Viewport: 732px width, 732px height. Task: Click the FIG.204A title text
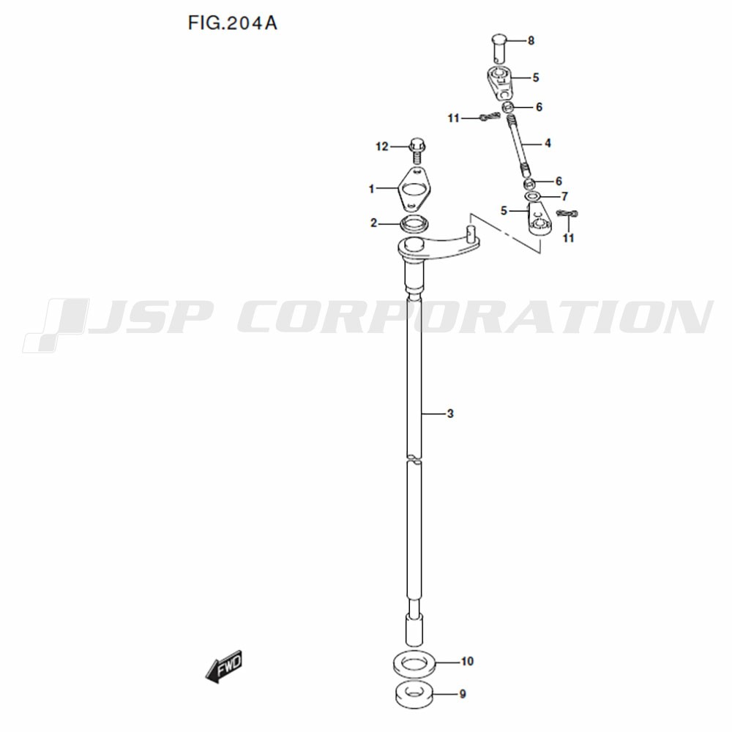(233, 23)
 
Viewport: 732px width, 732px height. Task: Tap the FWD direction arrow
(224, 665)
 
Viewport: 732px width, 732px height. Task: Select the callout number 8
(531, 41)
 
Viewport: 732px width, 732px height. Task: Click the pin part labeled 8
(499, 48)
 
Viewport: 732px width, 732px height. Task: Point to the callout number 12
(382, 147)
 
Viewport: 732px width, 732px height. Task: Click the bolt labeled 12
(416, 150)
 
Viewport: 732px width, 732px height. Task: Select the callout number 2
(373, 223)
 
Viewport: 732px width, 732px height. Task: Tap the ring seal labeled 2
(414, 223)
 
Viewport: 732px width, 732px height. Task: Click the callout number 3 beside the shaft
(450, 414)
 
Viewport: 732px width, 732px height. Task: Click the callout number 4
(548, 143)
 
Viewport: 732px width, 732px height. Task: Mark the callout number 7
(564, 196)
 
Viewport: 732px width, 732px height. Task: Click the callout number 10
(467, 662)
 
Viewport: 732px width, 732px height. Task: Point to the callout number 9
(463, 694)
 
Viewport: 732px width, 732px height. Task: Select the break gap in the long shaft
(414, 458)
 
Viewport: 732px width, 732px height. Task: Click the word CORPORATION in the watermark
(475, 316)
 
